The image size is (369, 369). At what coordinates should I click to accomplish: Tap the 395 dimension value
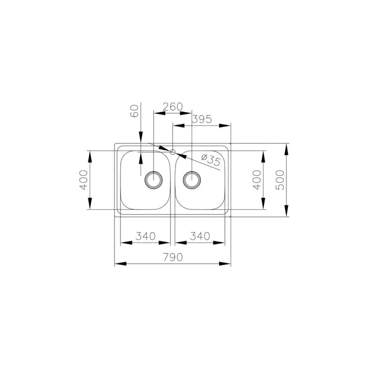201,119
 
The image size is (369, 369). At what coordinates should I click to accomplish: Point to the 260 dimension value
173,107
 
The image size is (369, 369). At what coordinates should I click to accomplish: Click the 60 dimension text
135,111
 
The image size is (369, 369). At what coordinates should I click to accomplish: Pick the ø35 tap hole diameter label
210,160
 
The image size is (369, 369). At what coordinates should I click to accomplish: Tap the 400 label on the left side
83,180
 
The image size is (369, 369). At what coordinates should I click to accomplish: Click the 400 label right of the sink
257,180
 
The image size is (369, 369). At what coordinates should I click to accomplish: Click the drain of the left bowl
153,179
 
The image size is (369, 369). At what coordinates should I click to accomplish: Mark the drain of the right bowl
191,179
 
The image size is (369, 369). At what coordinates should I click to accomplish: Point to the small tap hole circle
173,151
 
